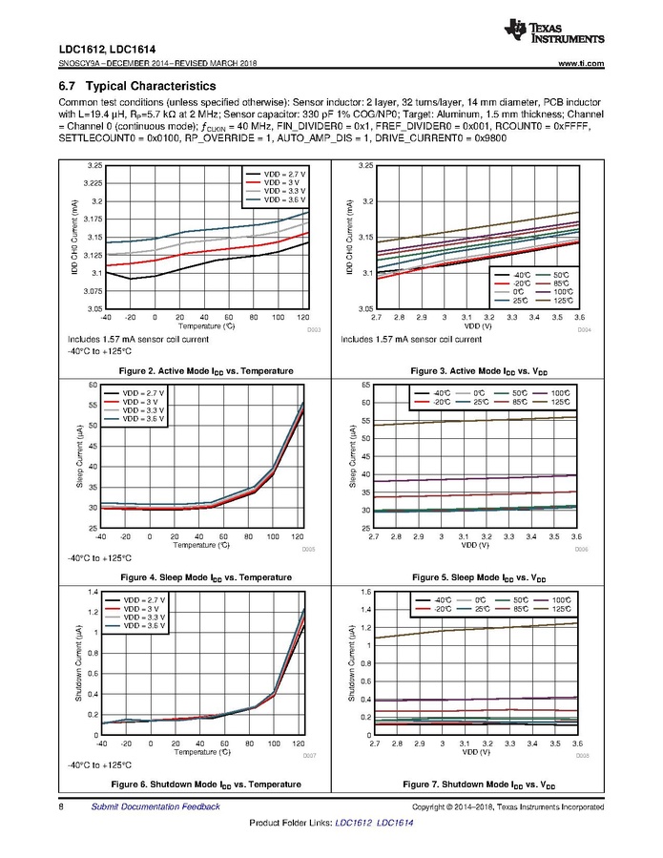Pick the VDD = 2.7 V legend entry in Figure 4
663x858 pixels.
[x=140, y=392]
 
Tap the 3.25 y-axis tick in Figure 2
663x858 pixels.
[x=92, y=166]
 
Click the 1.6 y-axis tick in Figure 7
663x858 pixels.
[x=364, y=592]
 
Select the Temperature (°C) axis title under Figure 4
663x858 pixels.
[x=202, y=546]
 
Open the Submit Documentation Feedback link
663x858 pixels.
[x=155, y=806]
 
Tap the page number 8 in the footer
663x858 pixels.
[x=61, y=806]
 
